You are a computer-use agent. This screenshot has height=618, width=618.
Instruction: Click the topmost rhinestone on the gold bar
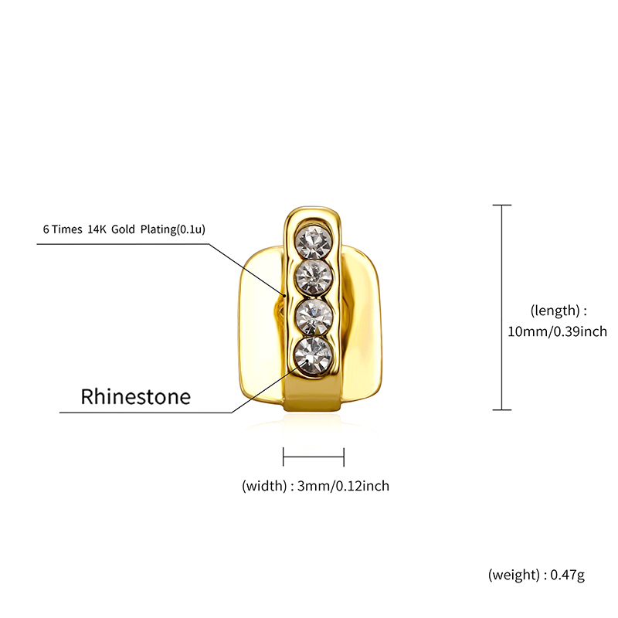pos(314,242)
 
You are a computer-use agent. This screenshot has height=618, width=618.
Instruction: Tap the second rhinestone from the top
pos(314,278)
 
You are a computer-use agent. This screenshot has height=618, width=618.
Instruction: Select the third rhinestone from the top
pos(314,317)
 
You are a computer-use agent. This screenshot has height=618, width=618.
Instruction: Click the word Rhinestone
pos(136,396)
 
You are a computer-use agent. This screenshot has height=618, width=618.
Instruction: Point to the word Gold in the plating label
pos(123,229)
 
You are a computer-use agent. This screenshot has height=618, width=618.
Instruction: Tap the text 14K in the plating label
pos(97,229)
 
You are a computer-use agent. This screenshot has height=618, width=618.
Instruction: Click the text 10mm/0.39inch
pos(557,331)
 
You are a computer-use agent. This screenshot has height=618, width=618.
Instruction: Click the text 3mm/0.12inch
pos(343,486)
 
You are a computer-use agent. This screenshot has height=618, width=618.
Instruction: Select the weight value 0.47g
pos(567,575)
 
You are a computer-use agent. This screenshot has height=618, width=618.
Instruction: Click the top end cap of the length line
pos(501,205)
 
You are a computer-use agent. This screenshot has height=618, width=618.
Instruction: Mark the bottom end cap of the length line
pos(501,410)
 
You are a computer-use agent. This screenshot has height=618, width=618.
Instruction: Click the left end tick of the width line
pos(284,457)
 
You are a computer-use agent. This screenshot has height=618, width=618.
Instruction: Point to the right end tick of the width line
pos(344,457)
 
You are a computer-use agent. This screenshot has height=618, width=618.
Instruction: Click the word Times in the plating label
pos(67,229)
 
